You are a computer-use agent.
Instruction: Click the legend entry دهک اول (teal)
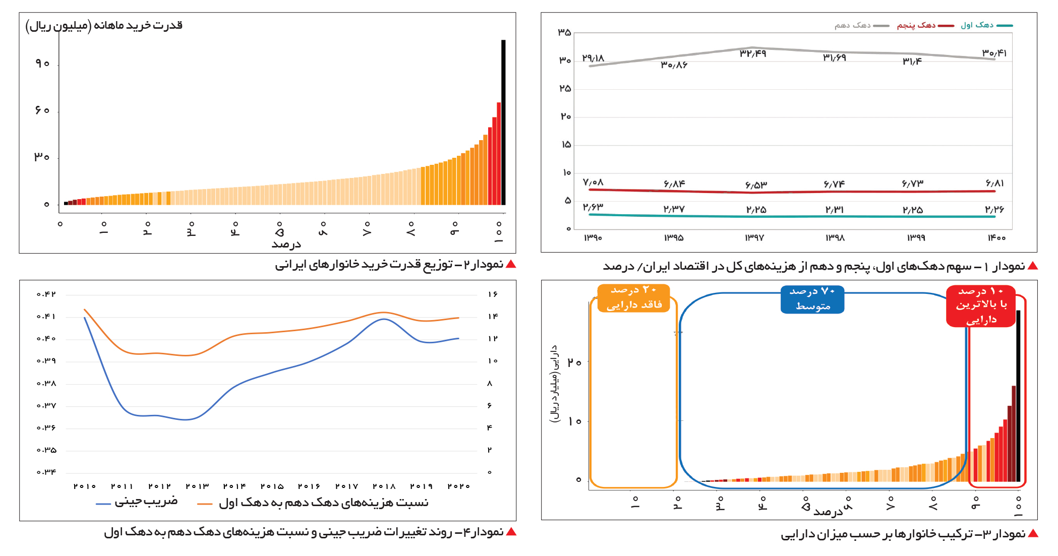986,25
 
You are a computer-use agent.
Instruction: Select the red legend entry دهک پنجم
925,25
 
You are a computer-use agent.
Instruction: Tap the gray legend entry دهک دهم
861,25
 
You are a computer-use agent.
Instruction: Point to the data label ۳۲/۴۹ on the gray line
752,54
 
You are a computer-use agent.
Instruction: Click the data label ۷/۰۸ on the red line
593,182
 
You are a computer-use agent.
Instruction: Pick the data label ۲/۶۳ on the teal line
593,207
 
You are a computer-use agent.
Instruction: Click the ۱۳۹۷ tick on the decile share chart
754,237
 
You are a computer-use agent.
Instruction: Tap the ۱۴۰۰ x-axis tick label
996,237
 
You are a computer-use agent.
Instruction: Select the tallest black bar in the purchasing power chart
503,121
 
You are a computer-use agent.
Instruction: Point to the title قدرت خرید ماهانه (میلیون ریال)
104,25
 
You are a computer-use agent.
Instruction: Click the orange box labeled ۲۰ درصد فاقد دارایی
634,298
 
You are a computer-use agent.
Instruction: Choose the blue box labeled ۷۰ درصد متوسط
812,299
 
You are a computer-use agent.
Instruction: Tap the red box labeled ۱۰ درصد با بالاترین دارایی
981,305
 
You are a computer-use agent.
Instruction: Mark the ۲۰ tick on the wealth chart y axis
574,362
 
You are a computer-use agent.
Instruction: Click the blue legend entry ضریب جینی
137,502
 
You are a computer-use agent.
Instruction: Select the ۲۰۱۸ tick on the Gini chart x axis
384,486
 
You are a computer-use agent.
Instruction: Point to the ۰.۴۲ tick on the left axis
46,294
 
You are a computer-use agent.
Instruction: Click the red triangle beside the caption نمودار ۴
511,532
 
